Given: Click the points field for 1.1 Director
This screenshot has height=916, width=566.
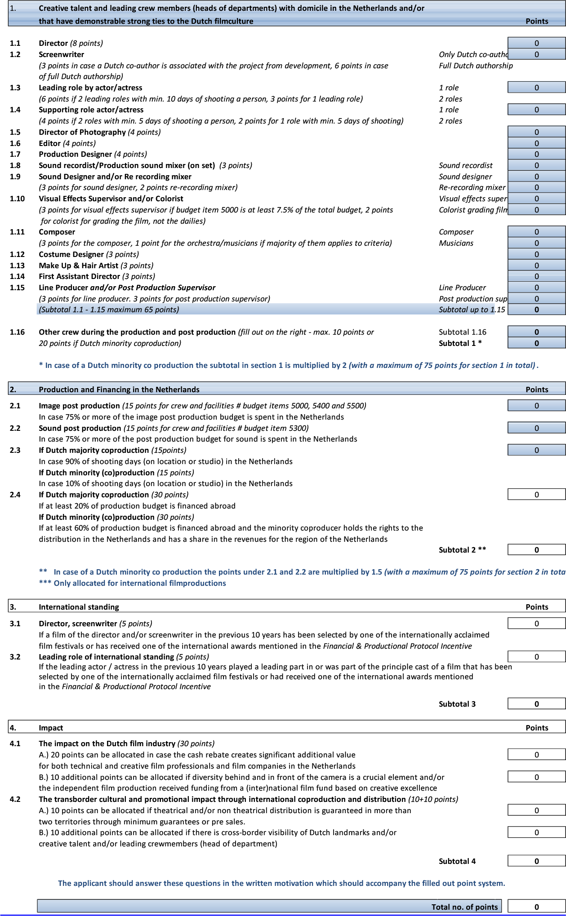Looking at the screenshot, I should click(x=536, y=43).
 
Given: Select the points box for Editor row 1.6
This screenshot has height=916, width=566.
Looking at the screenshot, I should click(x=536, y=143).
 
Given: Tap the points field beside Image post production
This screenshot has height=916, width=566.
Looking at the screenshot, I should click(x=536, y=406).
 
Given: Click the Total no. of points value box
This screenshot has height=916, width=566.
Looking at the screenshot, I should click(x=536, y=907).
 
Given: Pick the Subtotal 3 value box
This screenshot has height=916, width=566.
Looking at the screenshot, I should click(x=536, y=704).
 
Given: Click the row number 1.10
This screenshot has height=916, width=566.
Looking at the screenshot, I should click(x=18, y=199).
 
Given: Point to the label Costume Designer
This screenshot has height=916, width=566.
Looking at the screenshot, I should click(x=71, y=254).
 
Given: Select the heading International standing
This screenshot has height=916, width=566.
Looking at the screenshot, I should click(x=79, y=607).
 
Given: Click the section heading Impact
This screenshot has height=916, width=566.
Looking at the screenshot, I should click(x=51, y=728).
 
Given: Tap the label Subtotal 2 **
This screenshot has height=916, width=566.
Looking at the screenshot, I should click(x=462, y=549).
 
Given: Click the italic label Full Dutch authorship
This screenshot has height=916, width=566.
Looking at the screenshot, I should click(x=476, y=66).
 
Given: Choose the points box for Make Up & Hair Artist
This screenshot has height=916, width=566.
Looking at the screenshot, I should click(x=536, y=266).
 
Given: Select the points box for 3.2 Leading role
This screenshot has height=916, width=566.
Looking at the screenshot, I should click(x=536, y=657).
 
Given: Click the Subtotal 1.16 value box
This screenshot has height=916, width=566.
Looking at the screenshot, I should click(x=536, y=332).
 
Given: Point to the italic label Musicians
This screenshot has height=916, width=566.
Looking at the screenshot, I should click(x=456, y=243).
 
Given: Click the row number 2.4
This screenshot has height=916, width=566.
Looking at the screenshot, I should click(x=15, y=495).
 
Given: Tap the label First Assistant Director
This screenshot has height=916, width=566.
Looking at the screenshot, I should click(x=79, y=276).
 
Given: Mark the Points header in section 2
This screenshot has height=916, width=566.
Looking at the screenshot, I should click(x=537, y=389).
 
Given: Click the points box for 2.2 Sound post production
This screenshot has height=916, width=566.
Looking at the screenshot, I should click(x=536, y=428).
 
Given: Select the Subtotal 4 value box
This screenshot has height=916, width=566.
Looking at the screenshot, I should click(x=536, y=861).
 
